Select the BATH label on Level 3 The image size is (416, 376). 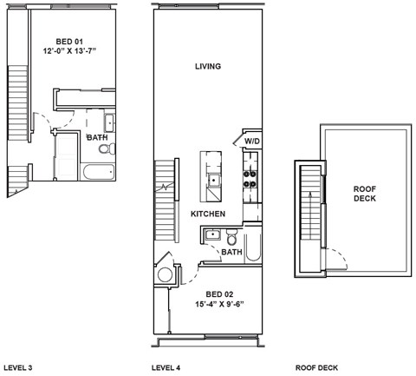coord(96,137)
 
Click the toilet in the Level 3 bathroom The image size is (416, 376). coord(105,149)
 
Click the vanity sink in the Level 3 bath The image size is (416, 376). coord(110,122)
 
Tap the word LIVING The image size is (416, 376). coord(208,67)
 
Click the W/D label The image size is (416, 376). coord(251,141)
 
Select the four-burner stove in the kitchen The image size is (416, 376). coord(250,178)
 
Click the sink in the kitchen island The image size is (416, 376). coord(213,181)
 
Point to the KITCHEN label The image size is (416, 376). coord(208,214)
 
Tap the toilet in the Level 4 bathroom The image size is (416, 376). coord(231,239)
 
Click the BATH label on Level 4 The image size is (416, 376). coord(231,253)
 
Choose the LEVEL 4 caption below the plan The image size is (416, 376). coord(166,368)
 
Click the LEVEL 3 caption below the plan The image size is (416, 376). coord(18,368)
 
